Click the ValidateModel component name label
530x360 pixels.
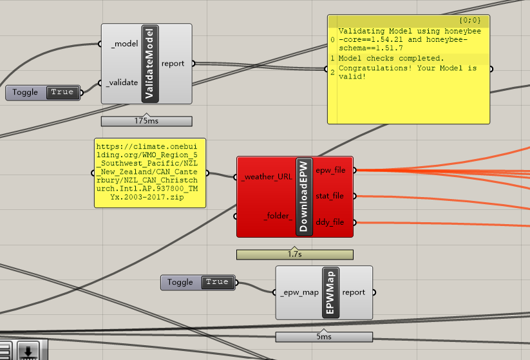[x=150, y=64]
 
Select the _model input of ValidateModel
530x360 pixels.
[x=124, y=43]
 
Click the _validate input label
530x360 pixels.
[x=123, y=82]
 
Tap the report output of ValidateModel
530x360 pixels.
[x=173, y=63]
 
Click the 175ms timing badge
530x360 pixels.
[x=146, y=120]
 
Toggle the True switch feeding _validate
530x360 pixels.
[x=62, y=92]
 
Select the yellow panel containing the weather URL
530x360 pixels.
[x=150, y=173]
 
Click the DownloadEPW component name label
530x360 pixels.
[x=304, y=196]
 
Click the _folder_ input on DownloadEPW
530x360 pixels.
[x=278, y=216]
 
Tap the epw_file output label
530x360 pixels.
[x=330, y=170]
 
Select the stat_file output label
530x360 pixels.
[x=330, y=196]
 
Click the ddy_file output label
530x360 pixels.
[x=330, y=222]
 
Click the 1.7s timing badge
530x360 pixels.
[x=294, y=254]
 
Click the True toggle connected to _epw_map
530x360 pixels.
[x=217, y=282]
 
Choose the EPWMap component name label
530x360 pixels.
[x=330, y=292]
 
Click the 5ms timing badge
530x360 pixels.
[x=324, y=337]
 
